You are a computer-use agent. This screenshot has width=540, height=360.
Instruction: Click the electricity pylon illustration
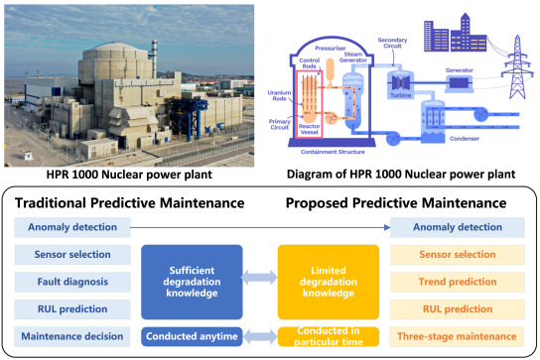tap(515, 69)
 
